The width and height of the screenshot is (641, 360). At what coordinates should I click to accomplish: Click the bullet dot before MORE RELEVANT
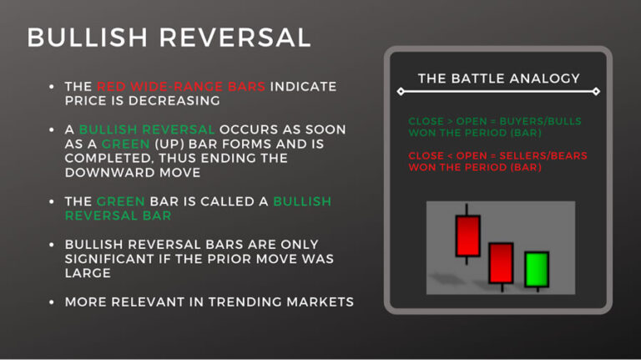coord(52,302)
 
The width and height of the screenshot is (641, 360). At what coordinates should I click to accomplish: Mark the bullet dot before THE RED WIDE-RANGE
coord(52,87)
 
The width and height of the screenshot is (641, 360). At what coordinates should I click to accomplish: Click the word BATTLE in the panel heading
coord(478,79)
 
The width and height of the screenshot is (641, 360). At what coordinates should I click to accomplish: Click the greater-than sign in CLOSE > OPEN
coord(450,122)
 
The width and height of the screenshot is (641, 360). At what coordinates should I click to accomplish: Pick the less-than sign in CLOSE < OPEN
coord(450,155)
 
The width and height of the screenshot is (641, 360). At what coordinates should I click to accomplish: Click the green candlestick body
coord(536,269)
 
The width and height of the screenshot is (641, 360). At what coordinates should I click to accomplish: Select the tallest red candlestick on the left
coord(468,236)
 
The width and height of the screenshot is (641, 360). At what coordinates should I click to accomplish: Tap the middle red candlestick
coord(501,262)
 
